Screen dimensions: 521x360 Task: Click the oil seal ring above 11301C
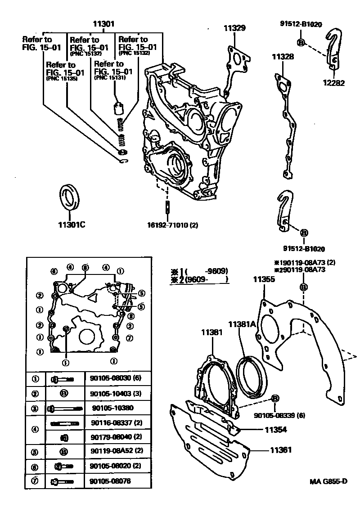point(69,196)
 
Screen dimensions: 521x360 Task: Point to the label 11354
point(275,429)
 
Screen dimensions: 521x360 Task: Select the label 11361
point(281,449)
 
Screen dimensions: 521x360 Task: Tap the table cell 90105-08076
point(108,481)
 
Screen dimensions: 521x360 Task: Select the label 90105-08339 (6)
point(279,415)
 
